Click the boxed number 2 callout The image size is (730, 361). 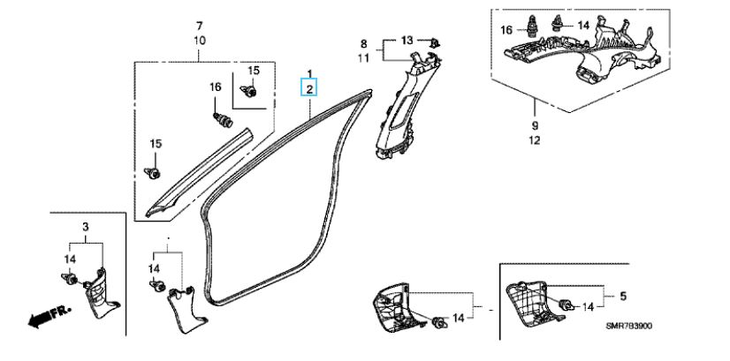[309, 87]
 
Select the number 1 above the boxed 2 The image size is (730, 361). [309, 71]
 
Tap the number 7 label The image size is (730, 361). [199, 24]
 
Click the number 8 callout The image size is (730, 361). [362, 42]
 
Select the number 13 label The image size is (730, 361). [407, 40]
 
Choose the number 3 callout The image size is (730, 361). [86, 227]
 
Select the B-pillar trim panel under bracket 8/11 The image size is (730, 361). [396, 110]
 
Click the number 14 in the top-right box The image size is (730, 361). [582, 26]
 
